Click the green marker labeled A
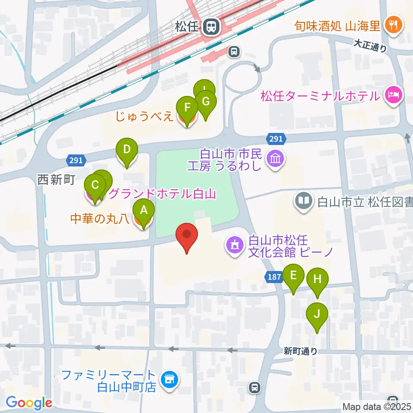click(144, 210)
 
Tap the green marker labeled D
click(127, 150)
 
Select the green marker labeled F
click(187, 107)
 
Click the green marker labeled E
click(293, 275)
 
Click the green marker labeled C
click(95, 185)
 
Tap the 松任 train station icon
click(211, 27)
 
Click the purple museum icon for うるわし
click(275, 159)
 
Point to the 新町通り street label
click(301, 351)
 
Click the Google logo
click(29, 403)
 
